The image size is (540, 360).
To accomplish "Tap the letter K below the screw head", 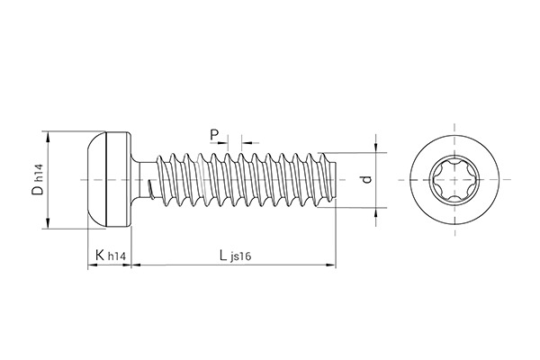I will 98,256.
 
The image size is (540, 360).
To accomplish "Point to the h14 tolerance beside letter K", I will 116,258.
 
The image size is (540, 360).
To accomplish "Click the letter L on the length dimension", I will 222,256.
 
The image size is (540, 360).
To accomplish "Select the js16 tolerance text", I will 240,258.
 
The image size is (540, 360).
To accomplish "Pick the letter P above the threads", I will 214,135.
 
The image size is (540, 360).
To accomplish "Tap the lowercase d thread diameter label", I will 365,180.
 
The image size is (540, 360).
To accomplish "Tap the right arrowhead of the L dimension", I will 330,265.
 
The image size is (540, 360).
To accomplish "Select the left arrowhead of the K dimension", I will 91,265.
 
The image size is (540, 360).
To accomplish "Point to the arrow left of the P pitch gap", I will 224,141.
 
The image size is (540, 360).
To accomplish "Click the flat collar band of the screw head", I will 120,180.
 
